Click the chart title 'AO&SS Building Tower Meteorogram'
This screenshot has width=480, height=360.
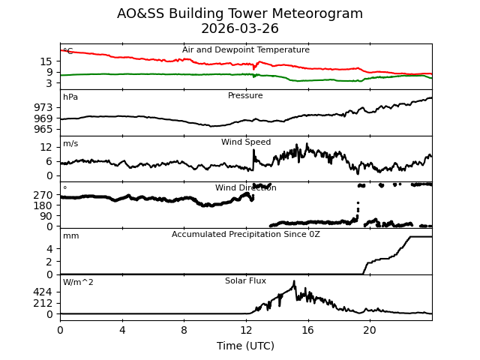(240, 14)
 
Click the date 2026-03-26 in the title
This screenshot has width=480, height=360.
(240, 29)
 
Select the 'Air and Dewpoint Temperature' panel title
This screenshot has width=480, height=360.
(246, 50)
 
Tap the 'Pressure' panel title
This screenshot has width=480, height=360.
(245, 96)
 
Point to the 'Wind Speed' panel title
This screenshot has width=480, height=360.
(246, 142)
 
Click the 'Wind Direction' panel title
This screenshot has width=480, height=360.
(246, 188)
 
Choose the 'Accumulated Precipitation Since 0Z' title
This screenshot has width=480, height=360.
(246, 235)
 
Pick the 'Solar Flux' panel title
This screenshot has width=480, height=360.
(245, 281)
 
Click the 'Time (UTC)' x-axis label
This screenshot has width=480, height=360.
(246, 346)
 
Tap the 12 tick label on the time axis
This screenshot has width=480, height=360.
(246, 329)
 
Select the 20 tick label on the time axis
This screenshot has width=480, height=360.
(370, 329)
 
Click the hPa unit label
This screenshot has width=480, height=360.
(70, 97)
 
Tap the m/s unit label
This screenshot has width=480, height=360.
(70, 144)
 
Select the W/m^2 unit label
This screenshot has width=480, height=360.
(78, 283)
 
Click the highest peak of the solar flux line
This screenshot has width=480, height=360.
(294, 281)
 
